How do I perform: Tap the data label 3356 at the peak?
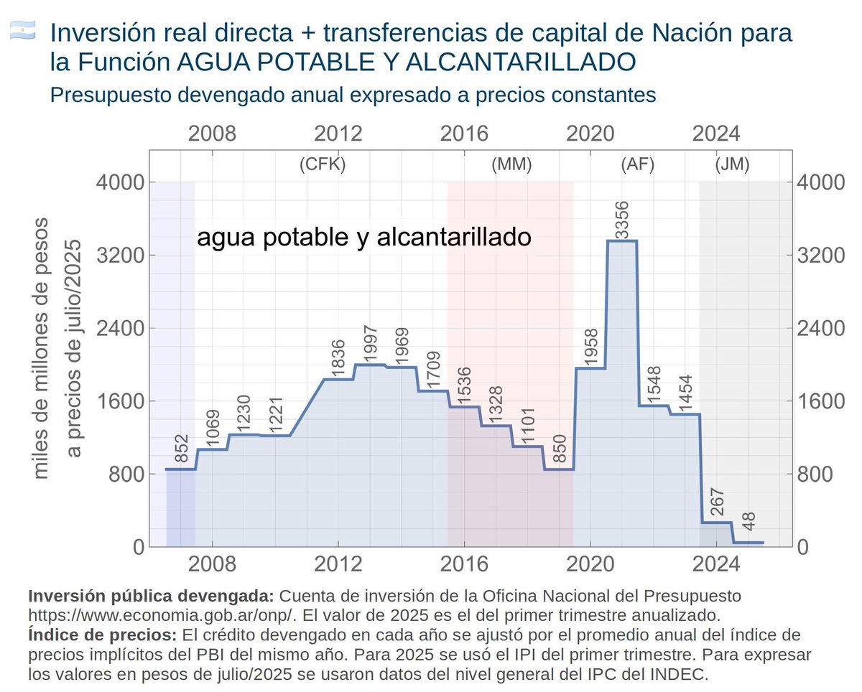(x=622, y=219)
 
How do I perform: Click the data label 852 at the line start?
(x=181, y=449)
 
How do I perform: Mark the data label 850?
(x=558, y=449)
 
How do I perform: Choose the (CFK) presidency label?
(x=323, y=164)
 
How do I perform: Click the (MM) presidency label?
(x=511, y=164)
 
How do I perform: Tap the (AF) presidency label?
(x=637, y=164)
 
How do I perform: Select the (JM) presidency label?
(x=732, y=164)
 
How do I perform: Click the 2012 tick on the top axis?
(x=338, y=134)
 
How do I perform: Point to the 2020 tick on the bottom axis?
(x=590, y=563)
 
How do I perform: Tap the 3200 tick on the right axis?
(x=817, y=256)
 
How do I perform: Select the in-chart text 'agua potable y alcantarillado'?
(x=363, y=237)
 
